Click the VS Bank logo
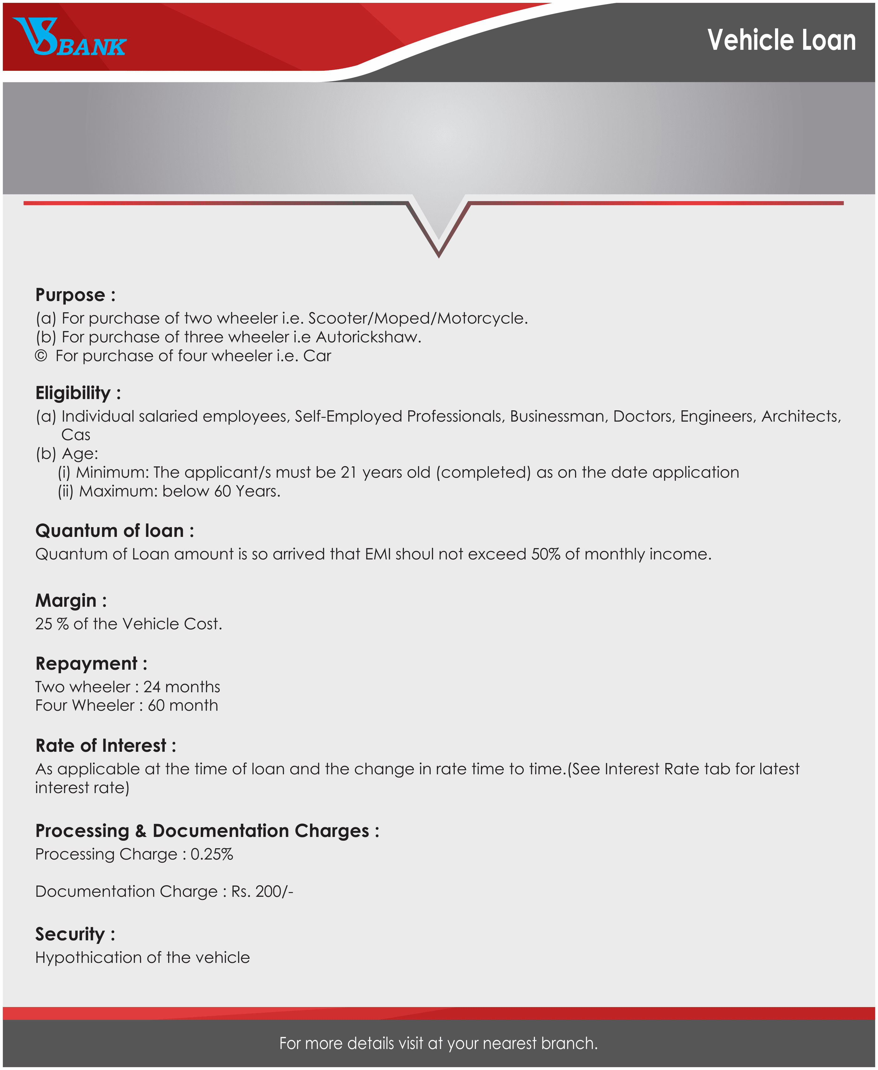point(69,38)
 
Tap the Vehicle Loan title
point(781,40)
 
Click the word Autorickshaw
point(368,337)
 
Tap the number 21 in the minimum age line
point(349,473)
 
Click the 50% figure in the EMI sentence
point(545,554)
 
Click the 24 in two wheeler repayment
point(152,687)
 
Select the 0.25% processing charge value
point(211,854)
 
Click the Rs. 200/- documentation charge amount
point(262,891)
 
